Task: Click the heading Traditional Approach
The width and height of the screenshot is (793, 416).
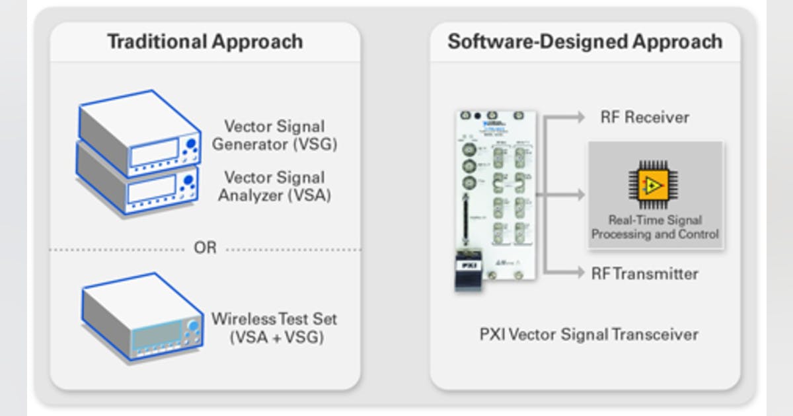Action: pyautogui.click(x=205, y=42)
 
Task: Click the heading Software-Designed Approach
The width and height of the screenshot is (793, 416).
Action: pyautogui.click(x=585, y=42)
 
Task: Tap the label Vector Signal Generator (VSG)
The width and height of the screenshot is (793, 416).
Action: pyautogui.click(x=274, y=135)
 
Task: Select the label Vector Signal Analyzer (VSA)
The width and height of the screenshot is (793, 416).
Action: pyautogui.click(x=274, y=186)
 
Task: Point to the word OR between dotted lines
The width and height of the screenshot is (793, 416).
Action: pyautogui.click(x=205, y=249)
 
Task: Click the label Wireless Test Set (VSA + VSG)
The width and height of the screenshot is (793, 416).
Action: pyautogui.click(x=274, y=328)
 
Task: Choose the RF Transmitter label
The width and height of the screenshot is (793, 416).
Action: pyautogui.click(x=644, y=273)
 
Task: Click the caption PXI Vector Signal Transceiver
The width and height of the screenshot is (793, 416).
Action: pyautogui.click(x=588, y=334)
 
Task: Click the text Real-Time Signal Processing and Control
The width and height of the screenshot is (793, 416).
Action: pyautogui.click(x=655, y=227)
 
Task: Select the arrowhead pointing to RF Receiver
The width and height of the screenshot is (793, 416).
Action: pyautogui.click(x=580, y=118)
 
